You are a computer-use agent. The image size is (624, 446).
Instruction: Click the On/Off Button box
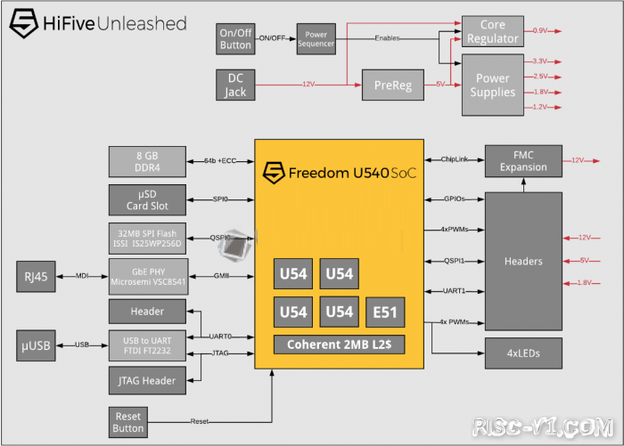236,40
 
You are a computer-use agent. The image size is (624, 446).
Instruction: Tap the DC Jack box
236,85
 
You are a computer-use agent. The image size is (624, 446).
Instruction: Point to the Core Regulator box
493,31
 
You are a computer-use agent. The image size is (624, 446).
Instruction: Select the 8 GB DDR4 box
147,160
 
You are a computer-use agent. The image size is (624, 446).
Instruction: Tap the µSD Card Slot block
147,200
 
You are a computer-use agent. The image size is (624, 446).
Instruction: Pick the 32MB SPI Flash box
147,239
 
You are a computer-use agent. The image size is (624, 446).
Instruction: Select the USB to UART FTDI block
147,345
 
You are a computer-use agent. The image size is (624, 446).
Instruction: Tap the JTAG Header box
147,381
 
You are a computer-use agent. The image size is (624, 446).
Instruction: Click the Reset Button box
128,421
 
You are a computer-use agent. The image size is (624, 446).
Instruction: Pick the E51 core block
384,312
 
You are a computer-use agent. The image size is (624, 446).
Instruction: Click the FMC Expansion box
523,160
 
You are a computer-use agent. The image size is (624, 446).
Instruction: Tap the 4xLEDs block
523,353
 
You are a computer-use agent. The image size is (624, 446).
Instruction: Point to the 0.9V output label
541,31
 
